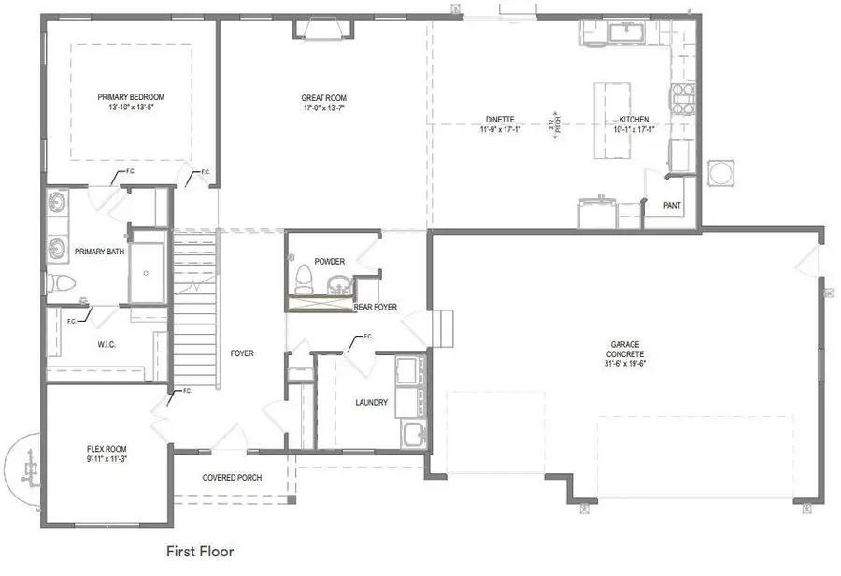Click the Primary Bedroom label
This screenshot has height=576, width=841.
[131, 96]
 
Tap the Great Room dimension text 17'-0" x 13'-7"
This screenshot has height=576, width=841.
[323, 108]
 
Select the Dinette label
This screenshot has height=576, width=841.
[500, 120]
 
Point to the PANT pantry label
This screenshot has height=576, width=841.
[671, 205]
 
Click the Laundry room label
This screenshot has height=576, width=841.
[371, 403]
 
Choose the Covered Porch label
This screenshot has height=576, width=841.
[232, 478]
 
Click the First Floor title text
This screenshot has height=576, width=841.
[200, 551]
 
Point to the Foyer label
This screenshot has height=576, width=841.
[242, 353]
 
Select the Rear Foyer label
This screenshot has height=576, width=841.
[375, 307]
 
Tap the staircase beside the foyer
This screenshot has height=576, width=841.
[194, 309]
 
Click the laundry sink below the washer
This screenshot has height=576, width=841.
[412, 433]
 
